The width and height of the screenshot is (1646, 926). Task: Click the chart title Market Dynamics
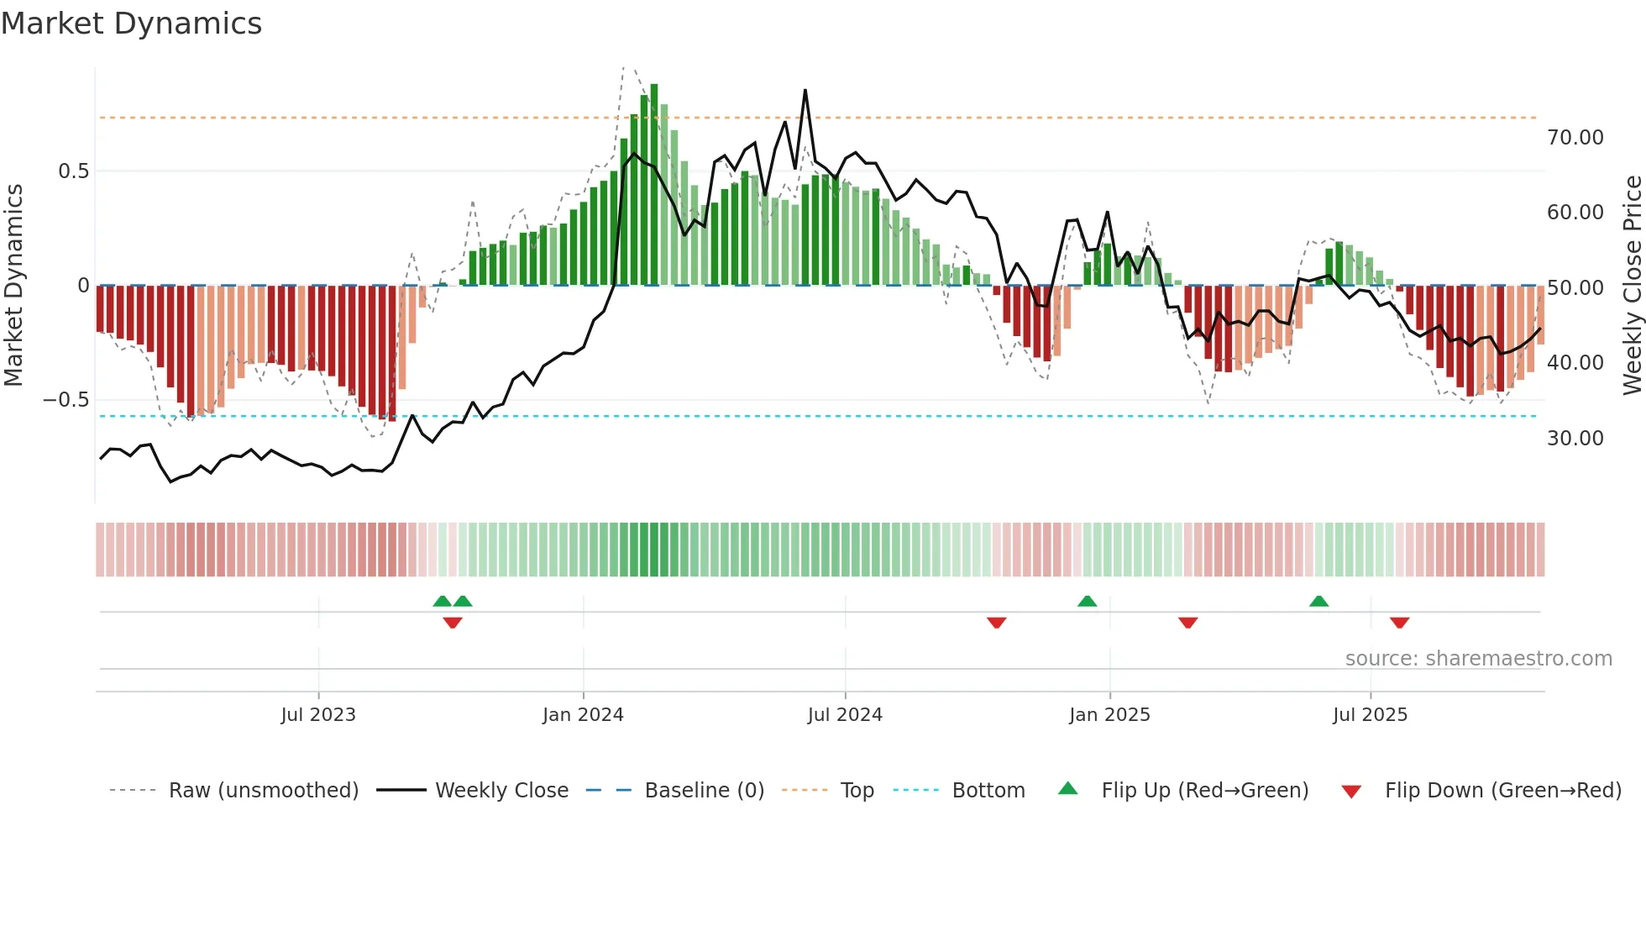(x=131, y=24)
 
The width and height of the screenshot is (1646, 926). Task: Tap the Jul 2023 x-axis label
(x=318, y=715)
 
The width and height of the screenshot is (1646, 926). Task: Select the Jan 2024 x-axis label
(x=583, y=715)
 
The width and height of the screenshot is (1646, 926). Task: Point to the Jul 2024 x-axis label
(x=845, y=715)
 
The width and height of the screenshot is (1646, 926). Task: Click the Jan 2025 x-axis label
(x=1109, y=715)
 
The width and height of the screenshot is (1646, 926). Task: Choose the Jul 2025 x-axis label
(x=1370, y=715)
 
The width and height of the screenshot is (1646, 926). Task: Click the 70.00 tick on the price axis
(x=1575, y=138)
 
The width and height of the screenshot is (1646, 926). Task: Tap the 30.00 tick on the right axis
(x=1575, y=439)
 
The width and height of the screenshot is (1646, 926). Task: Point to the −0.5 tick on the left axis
(x=66, y=400)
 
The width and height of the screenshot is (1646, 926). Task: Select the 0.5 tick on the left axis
(x=73, y=171)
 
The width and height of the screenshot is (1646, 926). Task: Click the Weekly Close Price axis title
(x=1632, y=285)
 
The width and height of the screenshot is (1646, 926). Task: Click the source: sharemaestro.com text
(x=1478, y=659)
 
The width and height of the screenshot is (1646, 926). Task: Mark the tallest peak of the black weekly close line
(x=805, y=91)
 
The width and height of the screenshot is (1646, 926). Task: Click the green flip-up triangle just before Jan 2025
(x=1087, y=602)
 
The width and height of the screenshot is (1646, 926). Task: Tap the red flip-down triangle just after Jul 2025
(x=1399, y=623)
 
